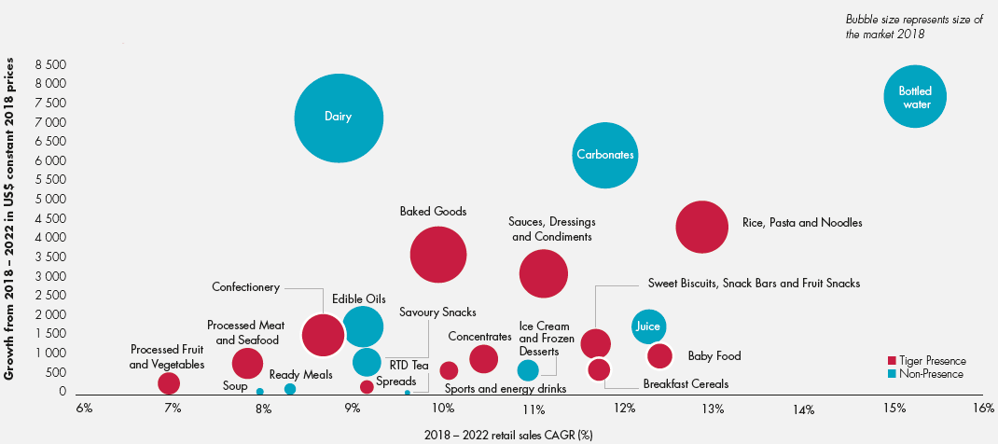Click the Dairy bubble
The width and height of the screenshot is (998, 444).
339,118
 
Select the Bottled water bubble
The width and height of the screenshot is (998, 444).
915,97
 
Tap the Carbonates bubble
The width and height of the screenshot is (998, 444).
604,155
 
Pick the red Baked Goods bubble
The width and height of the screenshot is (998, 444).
437,255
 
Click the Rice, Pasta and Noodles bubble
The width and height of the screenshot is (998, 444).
701,227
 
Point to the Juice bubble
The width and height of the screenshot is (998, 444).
649,326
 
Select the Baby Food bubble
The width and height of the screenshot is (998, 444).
659,355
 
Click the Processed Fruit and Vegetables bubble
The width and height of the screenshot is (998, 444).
168,383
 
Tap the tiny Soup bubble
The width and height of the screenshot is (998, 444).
259,392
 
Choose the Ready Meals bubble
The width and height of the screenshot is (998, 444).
289,389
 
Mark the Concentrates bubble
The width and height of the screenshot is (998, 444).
483,359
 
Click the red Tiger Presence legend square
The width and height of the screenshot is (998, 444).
891,361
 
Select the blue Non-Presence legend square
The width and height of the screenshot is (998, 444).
891,374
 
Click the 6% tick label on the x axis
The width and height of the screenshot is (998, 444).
83,408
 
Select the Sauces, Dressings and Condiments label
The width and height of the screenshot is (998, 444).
552,229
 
